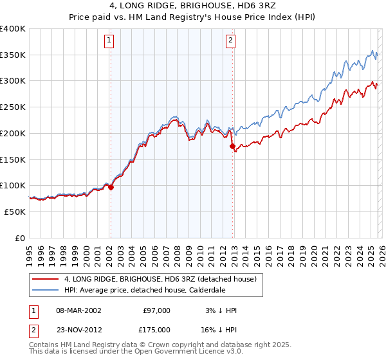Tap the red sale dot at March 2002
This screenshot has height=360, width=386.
point(111,188)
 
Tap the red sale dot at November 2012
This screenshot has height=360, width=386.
point(232,147)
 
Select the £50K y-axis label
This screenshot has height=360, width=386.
point(15,212)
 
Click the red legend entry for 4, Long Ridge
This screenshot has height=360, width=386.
point(160,279)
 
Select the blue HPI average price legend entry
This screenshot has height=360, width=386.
point(155,290)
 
